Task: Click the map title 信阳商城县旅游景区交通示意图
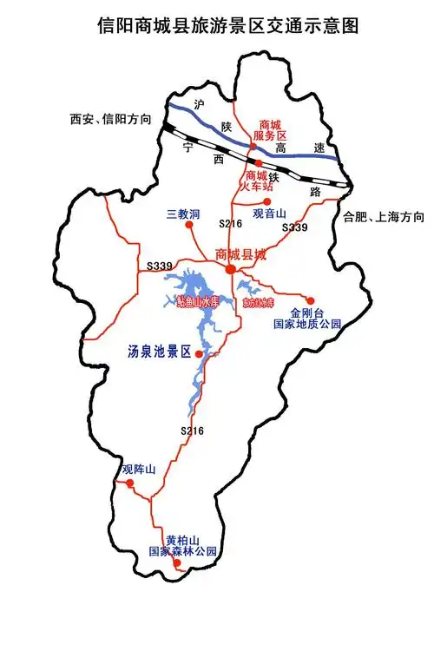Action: pyautogui.click(x=217, y=25)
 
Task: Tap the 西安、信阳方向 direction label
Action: pyautogui.click(x=108, y=119)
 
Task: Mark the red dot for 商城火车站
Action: pyautogui.click(x=257, y=162)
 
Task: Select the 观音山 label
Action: pyautogui.click(x=268, y=214)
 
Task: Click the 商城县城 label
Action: pyautogui.click(x=240, y=254)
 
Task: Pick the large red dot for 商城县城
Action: pyautogui.click(x=230, y=271)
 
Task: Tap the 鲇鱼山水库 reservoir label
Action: pyautogui.click(x=199, y=302)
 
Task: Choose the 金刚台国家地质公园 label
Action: pyautogui.click(x=307, y=319)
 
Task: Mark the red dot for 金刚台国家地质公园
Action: pyautogui.click(x=311, y=300)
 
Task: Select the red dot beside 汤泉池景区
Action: pyautogui.click(x=200, y=354)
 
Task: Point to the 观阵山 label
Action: pyautogui.click(x=139, y=470)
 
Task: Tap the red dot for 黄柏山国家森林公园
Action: pyautogui.click(x=177, y=562)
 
